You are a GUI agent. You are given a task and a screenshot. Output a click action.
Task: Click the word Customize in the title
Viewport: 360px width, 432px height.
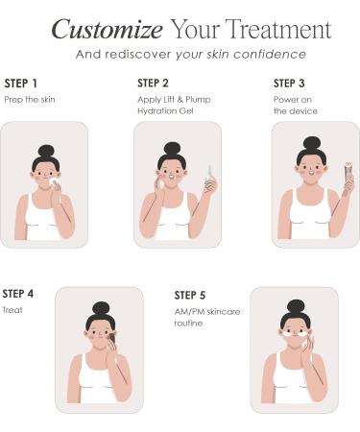point(108,30)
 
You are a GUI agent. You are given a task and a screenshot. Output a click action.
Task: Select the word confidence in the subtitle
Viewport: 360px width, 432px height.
point(270,54)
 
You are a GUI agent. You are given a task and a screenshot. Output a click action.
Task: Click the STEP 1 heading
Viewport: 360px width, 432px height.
point(21,84)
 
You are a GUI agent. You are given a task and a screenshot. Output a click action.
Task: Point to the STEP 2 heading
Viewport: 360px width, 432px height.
point(153,84)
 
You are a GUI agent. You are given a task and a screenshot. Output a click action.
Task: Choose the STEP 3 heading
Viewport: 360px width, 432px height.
point(289,84)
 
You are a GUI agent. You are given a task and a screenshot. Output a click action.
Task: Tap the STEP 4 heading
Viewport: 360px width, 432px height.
point(18,294)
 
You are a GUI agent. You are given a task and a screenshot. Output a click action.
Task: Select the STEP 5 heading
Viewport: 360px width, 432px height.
point(190,296)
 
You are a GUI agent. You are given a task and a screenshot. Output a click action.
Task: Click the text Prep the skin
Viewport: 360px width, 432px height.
point(30,100)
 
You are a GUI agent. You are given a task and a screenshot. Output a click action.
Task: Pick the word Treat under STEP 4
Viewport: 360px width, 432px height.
point(12,310)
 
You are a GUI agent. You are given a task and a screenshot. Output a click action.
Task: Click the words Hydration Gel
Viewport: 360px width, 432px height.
point(165,111)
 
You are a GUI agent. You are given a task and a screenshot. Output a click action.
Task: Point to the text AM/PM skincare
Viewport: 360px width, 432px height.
point(207,312)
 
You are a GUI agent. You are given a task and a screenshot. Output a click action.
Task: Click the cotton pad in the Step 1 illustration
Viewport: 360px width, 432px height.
point(53,181)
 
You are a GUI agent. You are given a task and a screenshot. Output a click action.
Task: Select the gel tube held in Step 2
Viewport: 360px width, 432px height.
point(210,175)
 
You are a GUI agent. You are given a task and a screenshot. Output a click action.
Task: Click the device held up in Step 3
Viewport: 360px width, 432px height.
point(348,173)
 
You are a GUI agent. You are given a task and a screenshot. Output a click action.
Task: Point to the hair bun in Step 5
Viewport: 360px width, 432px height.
point(296,306)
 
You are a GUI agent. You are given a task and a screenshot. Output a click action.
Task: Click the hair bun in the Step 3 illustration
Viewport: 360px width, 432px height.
point(312,143)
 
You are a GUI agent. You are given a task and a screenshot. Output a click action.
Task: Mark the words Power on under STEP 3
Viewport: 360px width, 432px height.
point(293,100)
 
